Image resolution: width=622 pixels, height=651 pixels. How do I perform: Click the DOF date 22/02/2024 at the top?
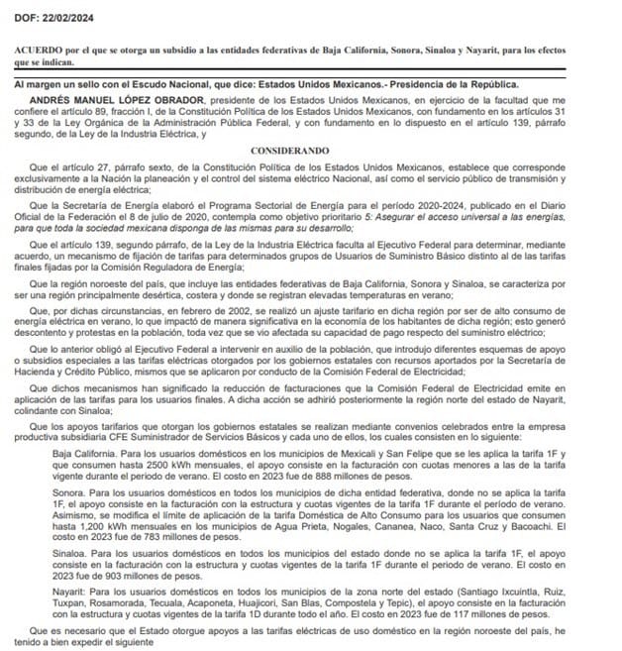55,11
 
